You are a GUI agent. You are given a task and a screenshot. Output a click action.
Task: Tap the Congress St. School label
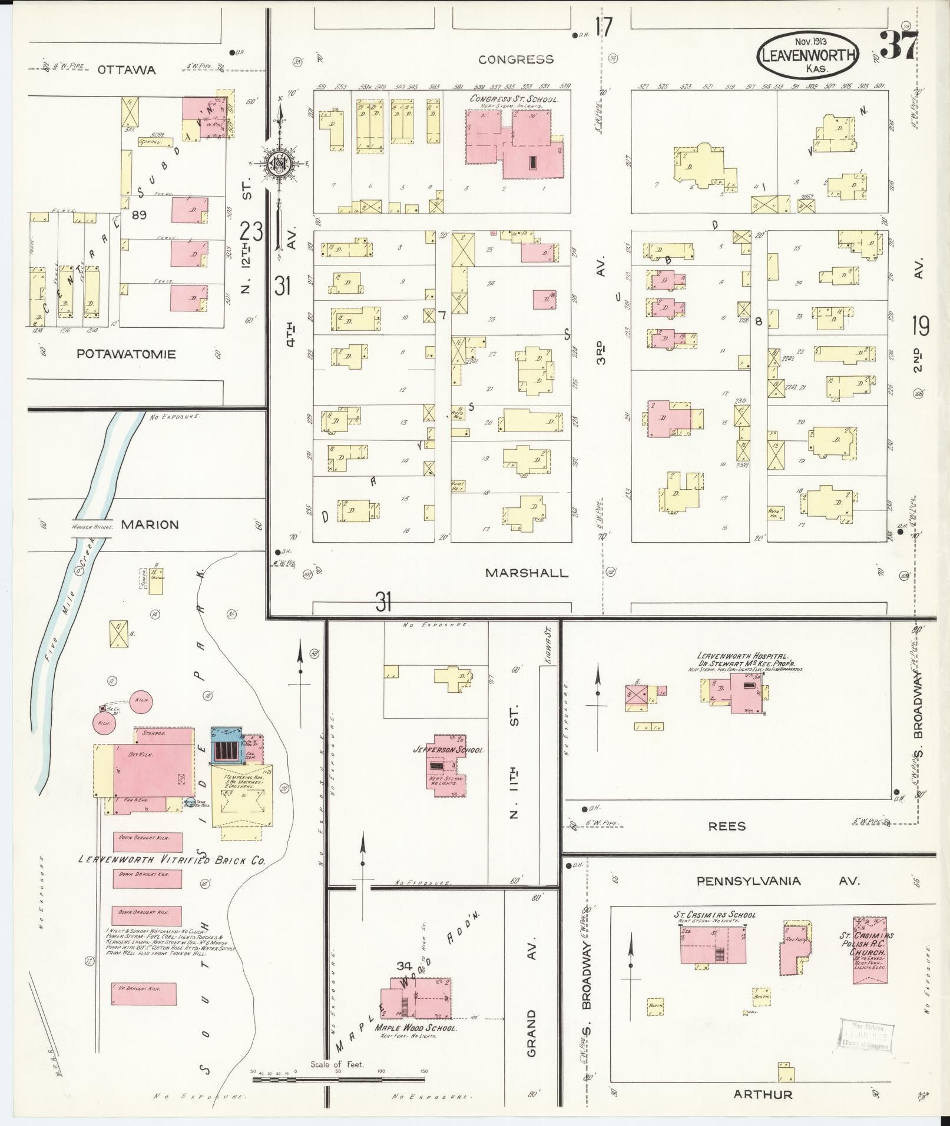[513, 99]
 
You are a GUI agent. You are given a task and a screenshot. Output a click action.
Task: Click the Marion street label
[149, 524]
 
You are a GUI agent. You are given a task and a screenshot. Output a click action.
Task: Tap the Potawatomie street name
[126, 354]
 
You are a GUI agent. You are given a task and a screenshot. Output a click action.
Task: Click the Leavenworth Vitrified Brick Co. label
[172, 860]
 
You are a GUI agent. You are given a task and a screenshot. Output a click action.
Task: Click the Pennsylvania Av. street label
[777, 881]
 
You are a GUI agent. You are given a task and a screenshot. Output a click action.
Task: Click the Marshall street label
[527, 572]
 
